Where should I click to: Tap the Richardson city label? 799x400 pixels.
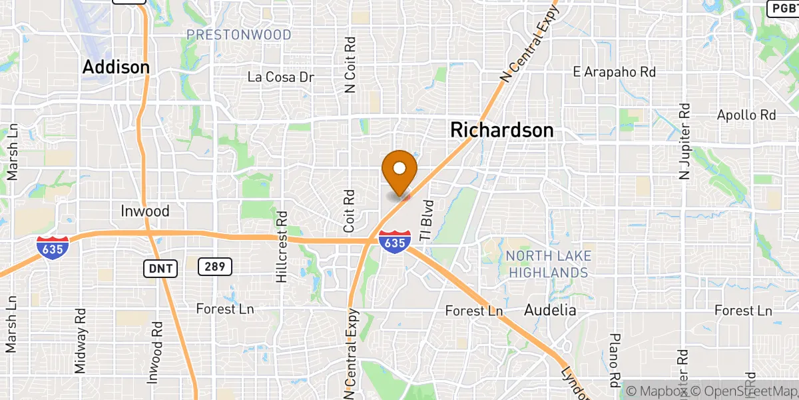coord(501,130)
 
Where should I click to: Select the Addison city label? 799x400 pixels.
coord(116,67)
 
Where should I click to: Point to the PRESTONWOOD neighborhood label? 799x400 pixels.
coord(238,35)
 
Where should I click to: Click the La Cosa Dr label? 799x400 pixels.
coord(280,77)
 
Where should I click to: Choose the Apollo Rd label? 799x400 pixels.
coord(746,115)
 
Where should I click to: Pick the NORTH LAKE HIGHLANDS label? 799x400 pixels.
coord(547,265)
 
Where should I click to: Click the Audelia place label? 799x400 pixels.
coord(550,310)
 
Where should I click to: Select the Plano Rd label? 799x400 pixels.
coord(614,360)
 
